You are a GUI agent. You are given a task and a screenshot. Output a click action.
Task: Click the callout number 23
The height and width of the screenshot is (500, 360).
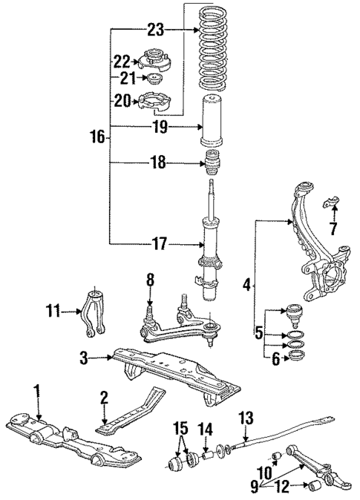point(154,30)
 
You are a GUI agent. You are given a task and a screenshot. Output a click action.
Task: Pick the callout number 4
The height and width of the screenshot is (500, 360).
point(246,283)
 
